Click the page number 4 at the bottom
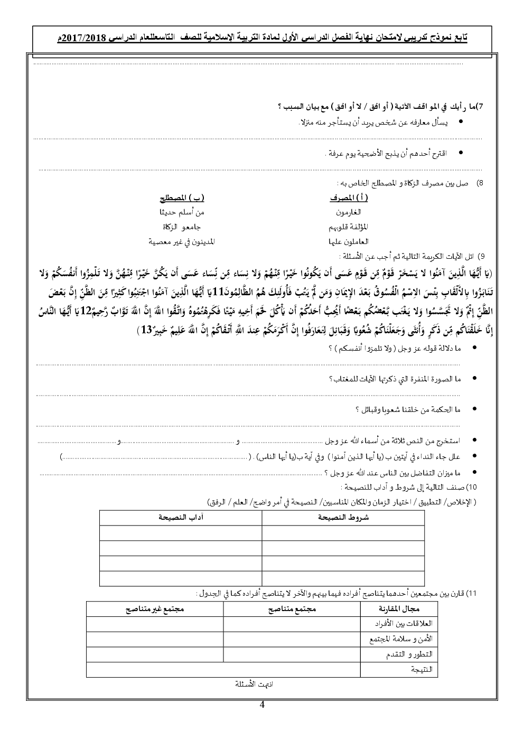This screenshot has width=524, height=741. pyautogui.click(x=263, y=705)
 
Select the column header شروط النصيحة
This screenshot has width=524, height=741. pyautogui.click(x=343, y=518)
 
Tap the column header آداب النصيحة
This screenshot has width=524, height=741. pyautogui.click(x=181, y=518)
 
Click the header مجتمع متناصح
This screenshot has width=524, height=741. pyautogui.click(x=292, y=609)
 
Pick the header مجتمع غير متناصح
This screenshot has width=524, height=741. pyautogui.click(x=155, y=609)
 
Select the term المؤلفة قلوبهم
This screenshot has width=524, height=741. pyautogui.click(x=348, y=227)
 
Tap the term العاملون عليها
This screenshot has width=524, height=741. pyautogui.click(x=349, y=241)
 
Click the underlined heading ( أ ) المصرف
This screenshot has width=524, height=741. pyautogui.click(x=349, y=198)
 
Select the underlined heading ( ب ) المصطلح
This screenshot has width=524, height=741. pyautogui.click(x=182, y=198)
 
